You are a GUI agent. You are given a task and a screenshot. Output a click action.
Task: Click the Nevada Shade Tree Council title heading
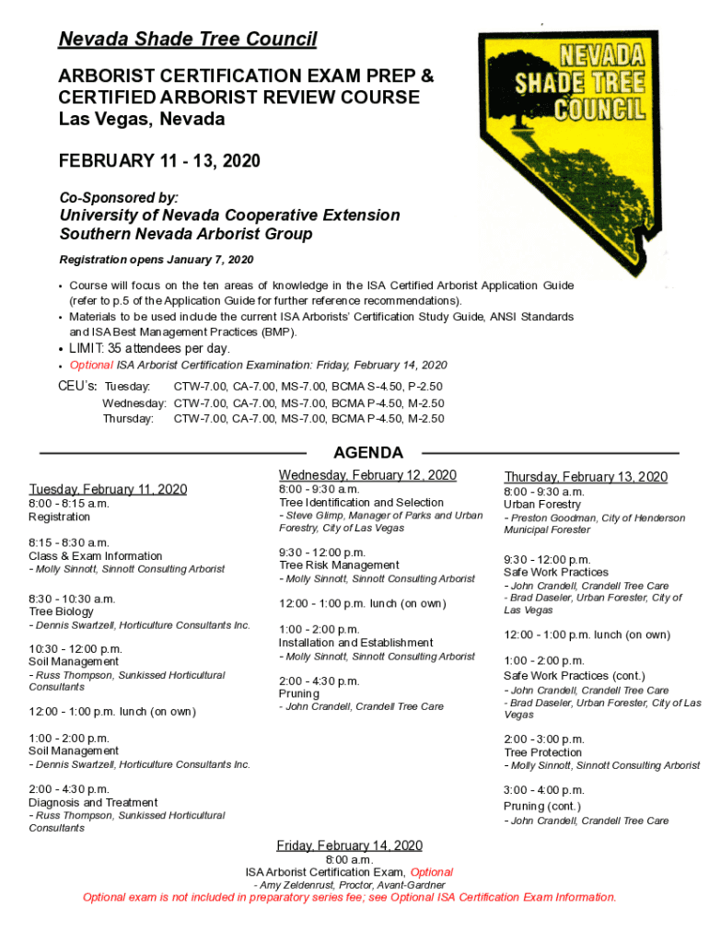click(x=188, y=40)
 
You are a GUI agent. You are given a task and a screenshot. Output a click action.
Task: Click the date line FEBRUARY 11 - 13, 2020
click(x=159, y=161)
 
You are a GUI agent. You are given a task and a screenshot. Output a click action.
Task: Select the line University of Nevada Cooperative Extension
click(x=229, y=215)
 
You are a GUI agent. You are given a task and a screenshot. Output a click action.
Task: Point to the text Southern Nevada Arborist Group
click(x=185, y=234)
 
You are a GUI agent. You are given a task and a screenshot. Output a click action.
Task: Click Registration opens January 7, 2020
click(x=156, y=260)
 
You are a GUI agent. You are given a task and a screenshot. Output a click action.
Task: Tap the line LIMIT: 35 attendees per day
click(x=149, y=349)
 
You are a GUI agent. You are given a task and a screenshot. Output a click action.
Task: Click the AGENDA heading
click(x=368, y=452)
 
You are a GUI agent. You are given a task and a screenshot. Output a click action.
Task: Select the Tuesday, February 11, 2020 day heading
click(x=108, y=489)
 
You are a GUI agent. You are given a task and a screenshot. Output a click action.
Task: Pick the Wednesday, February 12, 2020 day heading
click(x=367, y=475)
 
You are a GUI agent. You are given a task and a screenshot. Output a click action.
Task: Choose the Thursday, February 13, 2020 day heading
click(x=586, y=476)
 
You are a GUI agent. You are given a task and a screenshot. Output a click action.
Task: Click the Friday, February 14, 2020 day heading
click(x=350, y=845)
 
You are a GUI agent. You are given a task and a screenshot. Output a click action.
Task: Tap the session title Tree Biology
click(x=61, y=611)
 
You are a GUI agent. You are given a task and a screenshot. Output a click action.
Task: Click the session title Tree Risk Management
click(x=339, y=565)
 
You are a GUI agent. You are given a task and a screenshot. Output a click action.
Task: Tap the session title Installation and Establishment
click(x=355, y=643)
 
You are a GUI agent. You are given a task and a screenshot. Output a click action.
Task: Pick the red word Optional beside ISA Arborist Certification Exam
click(x=431, y=872)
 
